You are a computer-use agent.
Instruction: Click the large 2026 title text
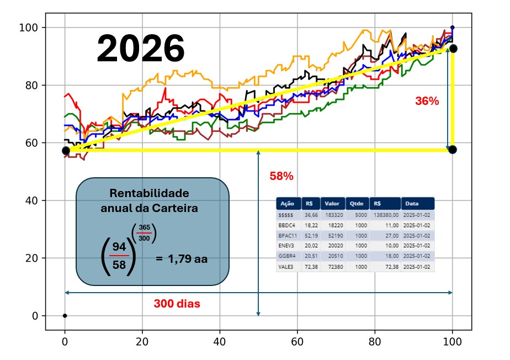pyautogui.click(x=140, y=49)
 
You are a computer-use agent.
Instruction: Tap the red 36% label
pyautogui.click(x=427, y=101)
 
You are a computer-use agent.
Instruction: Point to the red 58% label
pyautogui.click(x=281, y=177)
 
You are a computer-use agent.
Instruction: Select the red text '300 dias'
pyautogui.click(x=177, y=304)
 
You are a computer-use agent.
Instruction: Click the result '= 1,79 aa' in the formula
pyautogui.click(x=182, y=258)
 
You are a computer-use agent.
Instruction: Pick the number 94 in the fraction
pyautogui.click(x=119, y=246)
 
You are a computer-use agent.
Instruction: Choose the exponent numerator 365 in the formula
pyautogui.click(x=144, y=227)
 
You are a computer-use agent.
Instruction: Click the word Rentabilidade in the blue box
pyautogui.click(x=149, y=193)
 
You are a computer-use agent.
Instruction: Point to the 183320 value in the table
pyautogui.click(x=332, y=214)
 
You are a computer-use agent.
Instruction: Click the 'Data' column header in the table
pyautogui.click(x=412, y=203)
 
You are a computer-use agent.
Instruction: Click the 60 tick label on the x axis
pyautogui.click(x=297, y=341)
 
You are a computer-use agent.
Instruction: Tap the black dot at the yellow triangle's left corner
pyautogui.click(x=66, y=150)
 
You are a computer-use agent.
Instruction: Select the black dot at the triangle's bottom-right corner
pyautogui.click(x=453, y=150)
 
